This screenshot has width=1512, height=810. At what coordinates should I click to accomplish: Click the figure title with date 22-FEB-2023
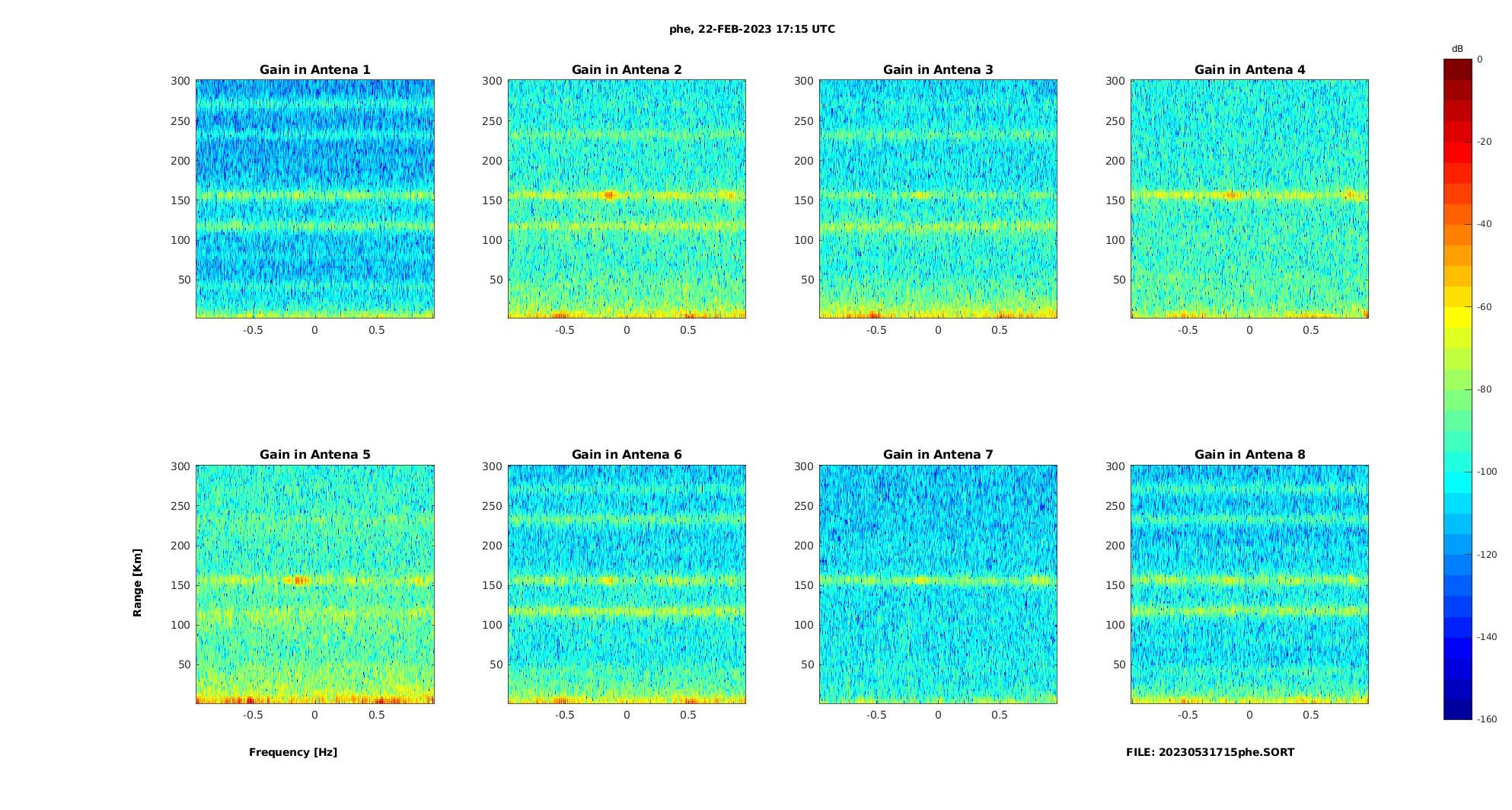click(x=751, y=30)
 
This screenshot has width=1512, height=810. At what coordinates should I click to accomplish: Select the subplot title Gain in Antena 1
click(x=315, y=70)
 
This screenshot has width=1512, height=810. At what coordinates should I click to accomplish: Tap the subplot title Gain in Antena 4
click(x=1249, y=70)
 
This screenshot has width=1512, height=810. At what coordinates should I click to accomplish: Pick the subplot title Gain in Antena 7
click(x=938, y=455)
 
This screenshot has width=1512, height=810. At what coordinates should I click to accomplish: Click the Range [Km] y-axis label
click(x=138, y=582)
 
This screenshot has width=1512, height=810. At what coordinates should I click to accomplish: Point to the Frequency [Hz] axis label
click(x=293, y=752)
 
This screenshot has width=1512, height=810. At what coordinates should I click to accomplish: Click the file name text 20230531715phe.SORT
click(x=1210, y=752)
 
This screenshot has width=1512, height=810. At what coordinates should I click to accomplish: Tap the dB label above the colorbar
click(x=1457, y=49)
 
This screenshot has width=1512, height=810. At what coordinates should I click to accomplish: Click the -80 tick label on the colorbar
click(x=1485, y=389)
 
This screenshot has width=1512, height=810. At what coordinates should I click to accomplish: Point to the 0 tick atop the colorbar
click(x=1480, y=59)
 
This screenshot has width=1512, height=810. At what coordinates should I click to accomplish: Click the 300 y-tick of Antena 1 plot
click(x=180, y=81)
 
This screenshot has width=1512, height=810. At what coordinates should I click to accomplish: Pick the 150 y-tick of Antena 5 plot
click(x=180, y=585)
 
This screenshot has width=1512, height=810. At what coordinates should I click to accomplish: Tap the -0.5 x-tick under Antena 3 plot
click(x=876, y=330)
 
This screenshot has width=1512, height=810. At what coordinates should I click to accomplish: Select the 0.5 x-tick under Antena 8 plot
click(x=1311, y=715)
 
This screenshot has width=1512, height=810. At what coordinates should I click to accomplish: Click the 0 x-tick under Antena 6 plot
click(x=627, y=715)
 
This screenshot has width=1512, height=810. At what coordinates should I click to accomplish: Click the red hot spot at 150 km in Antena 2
click(x=608, y=195)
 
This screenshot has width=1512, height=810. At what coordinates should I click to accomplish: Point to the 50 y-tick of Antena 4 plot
click(x=1119, y=280)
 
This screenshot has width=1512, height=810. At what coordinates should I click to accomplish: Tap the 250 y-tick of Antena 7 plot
click(x=804, y=506)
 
